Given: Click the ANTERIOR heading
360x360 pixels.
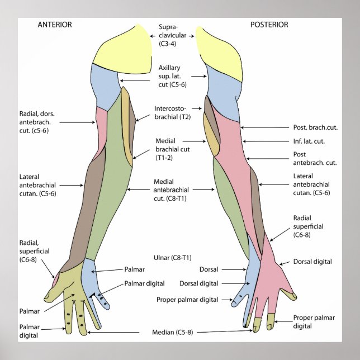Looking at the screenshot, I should (x=55, y=25).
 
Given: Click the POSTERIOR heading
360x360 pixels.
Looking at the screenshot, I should (x=269, y=25).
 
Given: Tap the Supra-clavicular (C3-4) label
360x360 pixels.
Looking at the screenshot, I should (x=172, y=35).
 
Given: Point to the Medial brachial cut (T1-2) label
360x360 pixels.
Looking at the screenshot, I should (x=172, y=149).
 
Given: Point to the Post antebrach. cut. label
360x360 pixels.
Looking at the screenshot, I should (x=315, y=159).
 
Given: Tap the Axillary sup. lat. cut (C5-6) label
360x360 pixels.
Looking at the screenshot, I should (x=172, y=75).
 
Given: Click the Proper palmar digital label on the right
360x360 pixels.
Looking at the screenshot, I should (x=312, y=321).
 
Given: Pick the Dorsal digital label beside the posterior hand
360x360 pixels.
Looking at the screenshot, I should (x=312, y=261).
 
